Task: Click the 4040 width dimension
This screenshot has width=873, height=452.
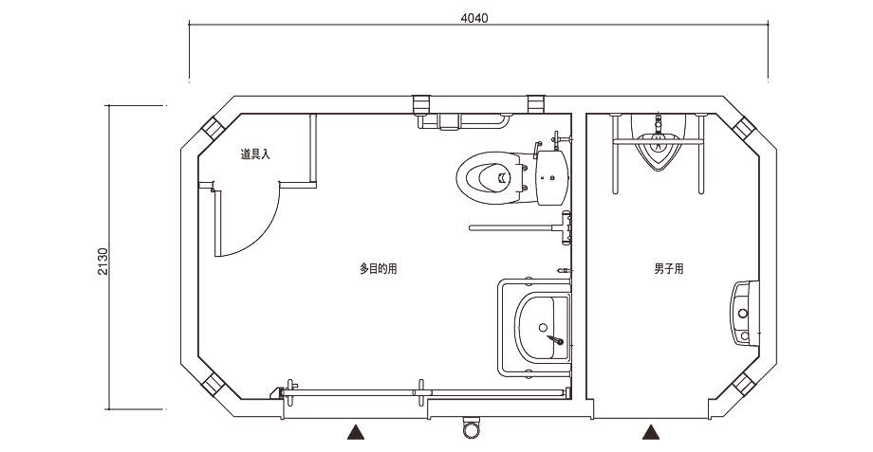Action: pos(474,18)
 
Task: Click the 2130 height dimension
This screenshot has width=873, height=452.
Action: pos(103,262)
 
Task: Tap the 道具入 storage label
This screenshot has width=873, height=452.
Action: pos(255,154)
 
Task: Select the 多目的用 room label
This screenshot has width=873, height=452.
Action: pos(378,269)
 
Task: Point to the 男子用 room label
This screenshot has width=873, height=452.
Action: pos(669,269)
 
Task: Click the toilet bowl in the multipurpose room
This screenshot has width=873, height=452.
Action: pos(486,174)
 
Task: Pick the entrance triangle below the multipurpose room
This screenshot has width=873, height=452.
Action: pos(356,432)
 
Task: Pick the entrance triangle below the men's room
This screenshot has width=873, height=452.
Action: pos(651,432)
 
